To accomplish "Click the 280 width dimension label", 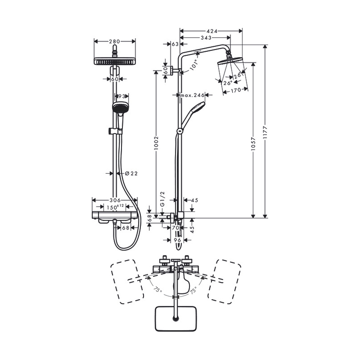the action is pyautogui.click(x=115, y=41).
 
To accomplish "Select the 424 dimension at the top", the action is pyautogui.click(x=212, y=31).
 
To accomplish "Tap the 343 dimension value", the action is pyautogui.click(x=206, y=38).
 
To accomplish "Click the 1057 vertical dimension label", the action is pyautogui.click(x=253, y=144).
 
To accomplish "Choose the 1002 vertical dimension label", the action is pyautogui.click(x=156, y=143).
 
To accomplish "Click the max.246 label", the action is pyautogui.click(x=192, y=95).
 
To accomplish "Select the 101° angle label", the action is pyautogui.click(x=193, y=64).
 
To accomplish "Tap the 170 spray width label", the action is pyautogui.click(x=236, y=90).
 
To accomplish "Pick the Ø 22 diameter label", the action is pyautogui.click(x=131, y=174).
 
